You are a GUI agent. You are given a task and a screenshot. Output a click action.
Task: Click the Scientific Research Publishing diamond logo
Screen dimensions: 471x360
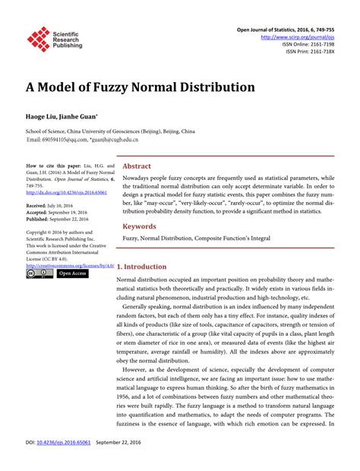[37, 39]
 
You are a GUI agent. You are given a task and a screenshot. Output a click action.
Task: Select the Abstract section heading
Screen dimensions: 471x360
[137, 166]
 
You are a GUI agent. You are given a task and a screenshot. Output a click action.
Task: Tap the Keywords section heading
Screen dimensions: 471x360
[141, 227]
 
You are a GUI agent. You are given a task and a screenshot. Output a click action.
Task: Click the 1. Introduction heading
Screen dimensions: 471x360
[145, 267]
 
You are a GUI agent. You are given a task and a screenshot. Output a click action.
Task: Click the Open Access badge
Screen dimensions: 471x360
[73, 273]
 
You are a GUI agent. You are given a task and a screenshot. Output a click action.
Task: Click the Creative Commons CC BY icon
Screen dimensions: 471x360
[38, 273]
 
